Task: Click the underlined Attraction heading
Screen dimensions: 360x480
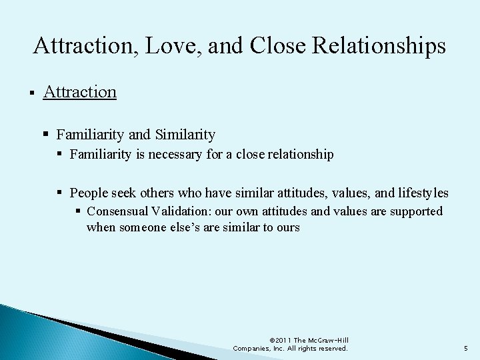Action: click(79, 91)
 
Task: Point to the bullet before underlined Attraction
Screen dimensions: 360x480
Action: click(32, 92)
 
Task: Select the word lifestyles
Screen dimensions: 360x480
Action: click(423, 193)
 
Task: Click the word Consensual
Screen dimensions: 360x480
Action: click(117, 211)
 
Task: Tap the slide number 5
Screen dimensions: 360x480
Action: click(465, 348)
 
